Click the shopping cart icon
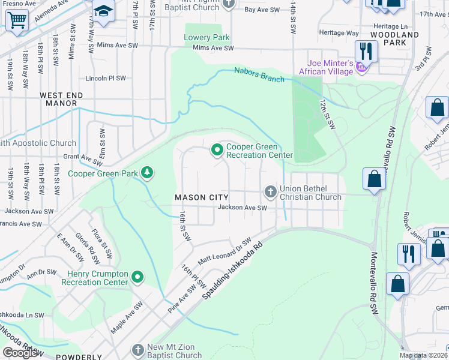[x=17, y=19]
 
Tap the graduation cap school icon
[x=103, y=11]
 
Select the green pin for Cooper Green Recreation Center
[x=216, y=150]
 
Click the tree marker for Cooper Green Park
[x=146, y=173]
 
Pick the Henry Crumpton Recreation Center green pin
[x=137, y=277]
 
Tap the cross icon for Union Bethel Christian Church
[x=270, y=192]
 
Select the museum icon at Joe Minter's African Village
[x=361, y=66]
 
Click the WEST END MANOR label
[x=61, y=99]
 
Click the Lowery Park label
[x=207, y=37]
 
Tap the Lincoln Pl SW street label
[x=106, y=78]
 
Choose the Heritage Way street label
[x=339, y=33]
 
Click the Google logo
[x=20, y=353]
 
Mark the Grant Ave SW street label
[x=83, y=160]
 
